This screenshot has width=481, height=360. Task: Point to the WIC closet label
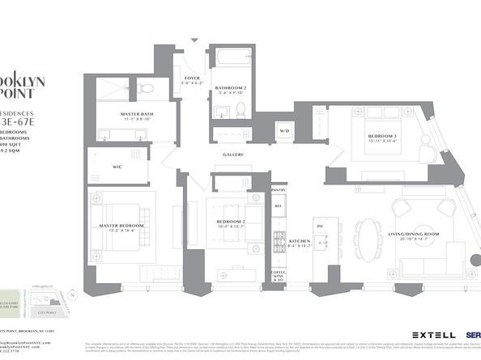pos(117,167)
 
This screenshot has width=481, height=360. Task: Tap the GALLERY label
pos(234,155)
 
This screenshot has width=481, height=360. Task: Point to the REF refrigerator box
pos(279,206)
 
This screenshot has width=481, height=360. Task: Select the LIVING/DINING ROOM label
pos(413,235)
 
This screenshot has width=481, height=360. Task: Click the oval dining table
pos(369,235)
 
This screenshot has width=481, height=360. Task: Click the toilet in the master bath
pos(143,87)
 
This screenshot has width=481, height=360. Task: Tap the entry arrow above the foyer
pos(193,40)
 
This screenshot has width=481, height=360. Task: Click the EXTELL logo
pos(427,334)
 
